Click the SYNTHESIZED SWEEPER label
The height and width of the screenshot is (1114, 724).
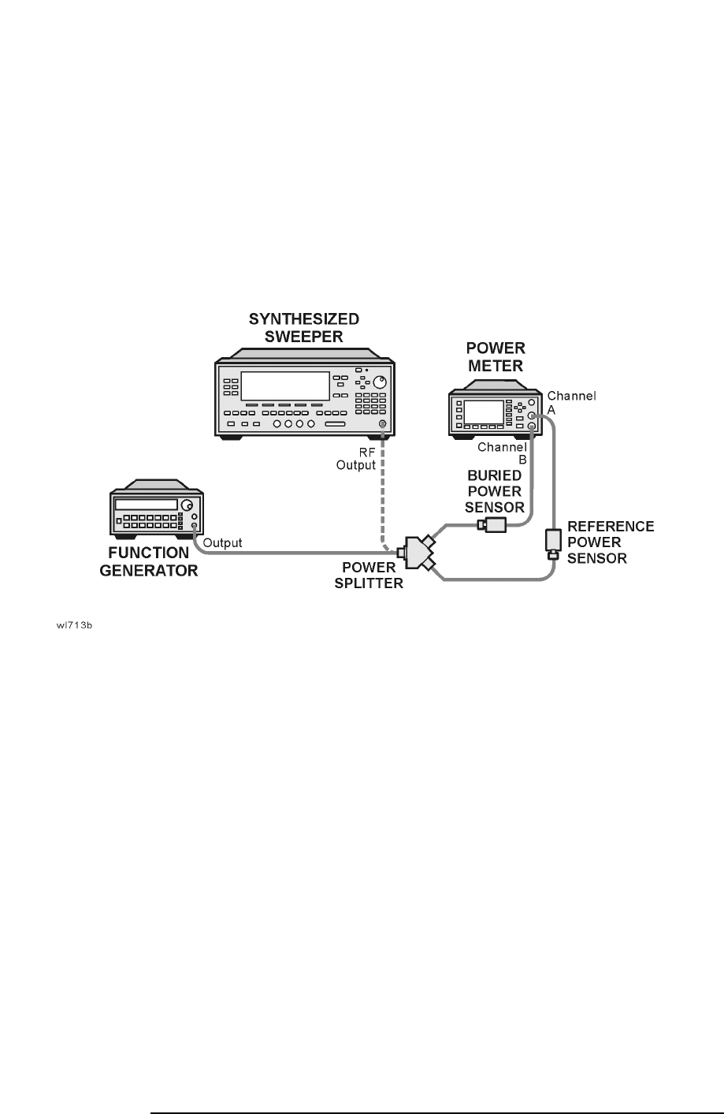(304, 328)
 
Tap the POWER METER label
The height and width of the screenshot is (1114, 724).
(496, 356)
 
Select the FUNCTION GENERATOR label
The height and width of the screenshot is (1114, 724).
(149, 561)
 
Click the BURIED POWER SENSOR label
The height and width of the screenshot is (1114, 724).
(495, 491)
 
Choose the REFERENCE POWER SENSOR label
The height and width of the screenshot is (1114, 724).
(600, 542)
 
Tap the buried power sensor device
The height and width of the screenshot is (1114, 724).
(493, 525)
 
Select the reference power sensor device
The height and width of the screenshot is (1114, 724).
(553, 543)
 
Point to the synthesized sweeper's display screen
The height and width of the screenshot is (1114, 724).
(284, 386)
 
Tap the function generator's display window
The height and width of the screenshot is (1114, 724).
(146, 505)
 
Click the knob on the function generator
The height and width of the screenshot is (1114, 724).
(186, 505)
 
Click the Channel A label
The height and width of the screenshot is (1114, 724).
(571, 403)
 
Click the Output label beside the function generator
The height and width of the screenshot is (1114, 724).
(222, 543)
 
